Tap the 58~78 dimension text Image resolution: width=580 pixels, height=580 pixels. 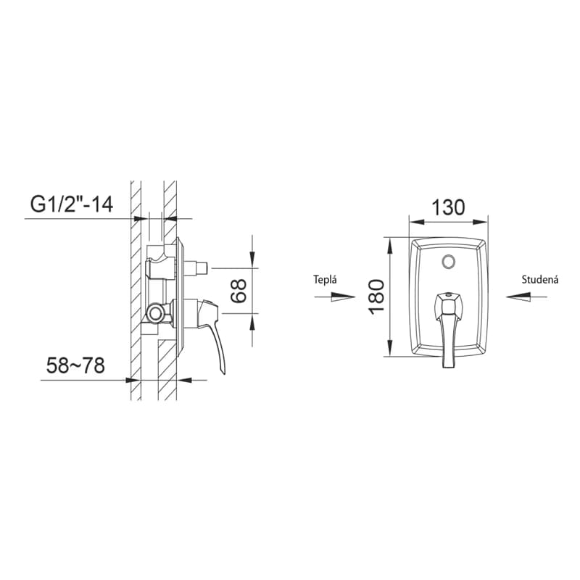tap(75, 365)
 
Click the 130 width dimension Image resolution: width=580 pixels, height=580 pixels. tap(448, 207)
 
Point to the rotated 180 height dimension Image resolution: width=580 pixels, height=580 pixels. tap(377, 297)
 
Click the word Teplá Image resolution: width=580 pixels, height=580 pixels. tap(325, 279)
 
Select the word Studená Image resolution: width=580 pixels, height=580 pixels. tap(539, 280)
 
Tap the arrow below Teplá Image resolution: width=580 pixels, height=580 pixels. tap(335, 297)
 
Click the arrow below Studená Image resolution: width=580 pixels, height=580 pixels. tap(527, 297)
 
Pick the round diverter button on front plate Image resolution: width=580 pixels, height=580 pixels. tap(449, 262)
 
